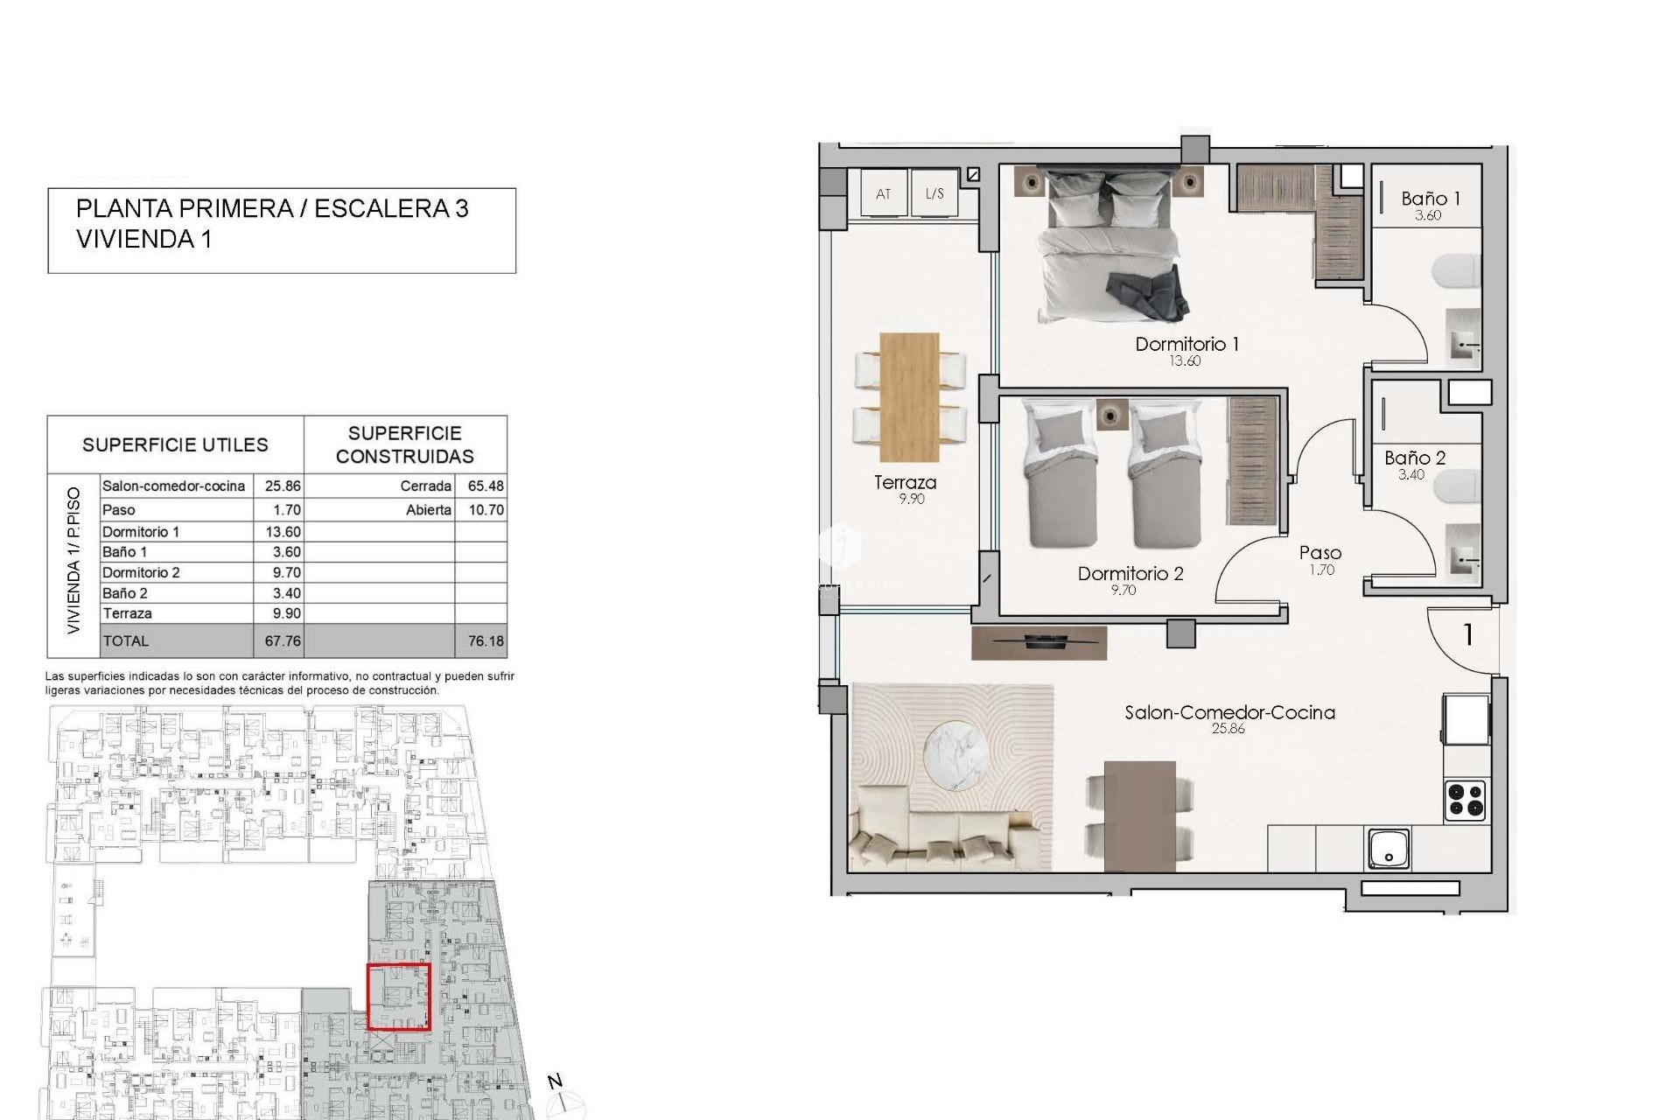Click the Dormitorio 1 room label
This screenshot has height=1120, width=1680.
[x=1186, y=344]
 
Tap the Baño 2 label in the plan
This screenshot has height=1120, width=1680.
[x=1415, y=458]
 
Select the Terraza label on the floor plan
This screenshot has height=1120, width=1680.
[x=905, y=482]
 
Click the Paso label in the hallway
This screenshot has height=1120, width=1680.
[x=1319, y=553]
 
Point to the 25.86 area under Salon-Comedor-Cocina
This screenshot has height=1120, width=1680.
[x=1228, y=729]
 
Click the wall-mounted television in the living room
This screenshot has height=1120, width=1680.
[x=1039, y=642]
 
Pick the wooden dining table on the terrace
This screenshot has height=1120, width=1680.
[x=910, y=396]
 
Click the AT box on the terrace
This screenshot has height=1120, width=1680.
[x=883, y=193]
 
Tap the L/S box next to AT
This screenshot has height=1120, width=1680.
[x=934, y=193]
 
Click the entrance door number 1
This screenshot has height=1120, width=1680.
[x=1467, y=634]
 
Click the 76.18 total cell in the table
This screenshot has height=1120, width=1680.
[x=486, y=640]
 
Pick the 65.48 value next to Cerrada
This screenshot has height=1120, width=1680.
[x=486, y=486]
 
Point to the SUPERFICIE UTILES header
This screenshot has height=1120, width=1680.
[x=175, y=444]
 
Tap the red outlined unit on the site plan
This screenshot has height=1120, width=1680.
[x=398, y=997]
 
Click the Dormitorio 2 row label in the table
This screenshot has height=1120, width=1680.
[x=141, y=572]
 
